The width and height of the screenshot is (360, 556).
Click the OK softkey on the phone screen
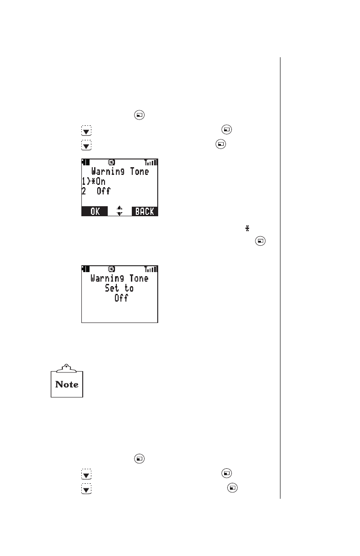95,211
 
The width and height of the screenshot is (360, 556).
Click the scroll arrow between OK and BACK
120,211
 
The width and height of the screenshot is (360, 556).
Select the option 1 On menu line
94,181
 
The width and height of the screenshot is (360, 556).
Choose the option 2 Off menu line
96,191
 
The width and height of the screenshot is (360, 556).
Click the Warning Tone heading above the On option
120,171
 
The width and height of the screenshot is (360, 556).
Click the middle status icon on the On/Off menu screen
111,162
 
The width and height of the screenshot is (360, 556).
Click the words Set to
120,288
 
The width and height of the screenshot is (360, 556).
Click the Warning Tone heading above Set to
120,278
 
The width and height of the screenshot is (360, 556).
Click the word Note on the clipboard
67,384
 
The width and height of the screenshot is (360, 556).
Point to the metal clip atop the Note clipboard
67,366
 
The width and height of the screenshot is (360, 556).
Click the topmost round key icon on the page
140,115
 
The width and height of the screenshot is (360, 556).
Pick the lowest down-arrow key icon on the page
86,488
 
